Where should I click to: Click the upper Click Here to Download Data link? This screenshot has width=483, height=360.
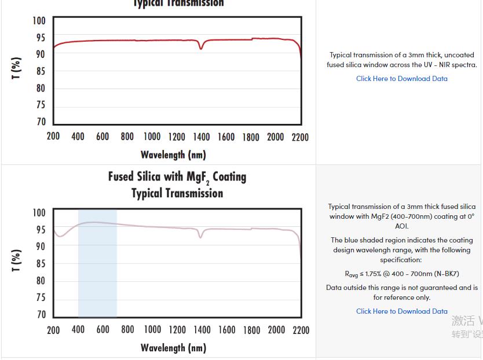[401, 79]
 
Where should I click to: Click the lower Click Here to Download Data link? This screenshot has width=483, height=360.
[401, 311]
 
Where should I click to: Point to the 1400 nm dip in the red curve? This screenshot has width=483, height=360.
[201, 47]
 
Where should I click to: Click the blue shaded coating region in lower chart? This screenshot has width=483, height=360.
[97, 272]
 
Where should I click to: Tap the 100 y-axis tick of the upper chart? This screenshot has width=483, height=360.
[39, 21]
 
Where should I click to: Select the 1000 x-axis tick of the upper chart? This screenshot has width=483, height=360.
[152, 137]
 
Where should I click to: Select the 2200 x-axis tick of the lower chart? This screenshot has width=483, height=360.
[301, 330]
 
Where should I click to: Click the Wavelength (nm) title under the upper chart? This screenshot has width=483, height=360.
[173, 155]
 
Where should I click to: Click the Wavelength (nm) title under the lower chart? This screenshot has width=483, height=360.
[173, 348]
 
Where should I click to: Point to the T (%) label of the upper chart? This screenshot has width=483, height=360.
[16, 68]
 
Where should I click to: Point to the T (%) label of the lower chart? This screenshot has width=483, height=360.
[16, 260]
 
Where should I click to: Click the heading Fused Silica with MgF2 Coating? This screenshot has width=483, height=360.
[177, 177]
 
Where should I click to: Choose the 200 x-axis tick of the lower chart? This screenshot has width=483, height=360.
[53, 330]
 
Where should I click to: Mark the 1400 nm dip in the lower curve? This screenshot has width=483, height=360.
[201, 236]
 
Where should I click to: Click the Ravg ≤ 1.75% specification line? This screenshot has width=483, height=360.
[401, 274]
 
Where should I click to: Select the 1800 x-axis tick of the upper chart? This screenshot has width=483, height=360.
[251, 137]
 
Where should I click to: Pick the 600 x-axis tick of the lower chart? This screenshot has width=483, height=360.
[103, 330]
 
